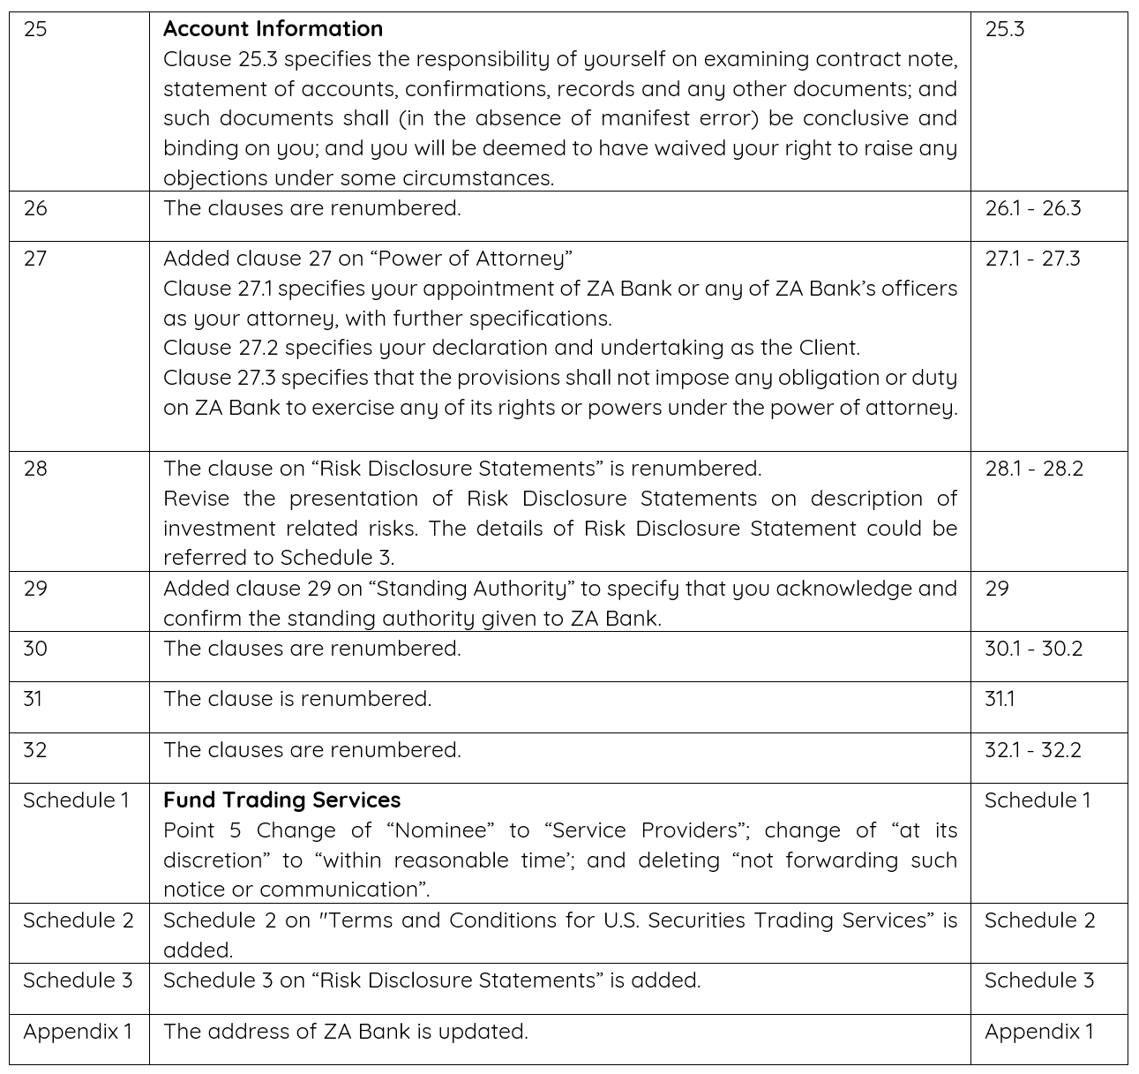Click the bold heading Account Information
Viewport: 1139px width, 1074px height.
pyautogui.click(x=273, y=29)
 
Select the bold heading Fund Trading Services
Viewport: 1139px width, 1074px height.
pyautogui.click(x=281, y=800)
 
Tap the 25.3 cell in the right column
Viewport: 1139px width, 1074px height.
pyautogui.click(x=1004, y=29)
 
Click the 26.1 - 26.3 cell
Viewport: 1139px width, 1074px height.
pyautogui.click(x=1032, y=208)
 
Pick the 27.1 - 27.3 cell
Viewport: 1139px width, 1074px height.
pyautogui.click(x=1032, y=259)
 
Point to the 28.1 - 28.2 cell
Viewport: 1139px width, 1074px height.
pyautogui.click(x=1033, y=469)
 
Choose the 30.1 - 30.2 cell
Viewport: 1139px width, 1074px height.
pyautogui.click(x=1033, y=649)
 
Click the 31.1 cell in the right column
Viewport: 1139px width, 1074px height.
pyautogui.click(x=1000, y=699)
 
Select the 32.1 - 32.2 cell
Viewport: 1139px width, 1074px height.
pyautogui.click(x=1032, y=750)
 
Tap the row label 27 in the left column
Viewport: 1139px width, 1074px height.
pyautogui.click(x=35, y=259)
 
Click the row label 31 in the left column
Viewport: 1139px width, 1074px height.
pyautogui.click(x=33, y=699)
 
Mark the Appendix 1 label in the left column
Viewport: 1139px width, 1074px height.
pyautogui.click(x=78, y=1032)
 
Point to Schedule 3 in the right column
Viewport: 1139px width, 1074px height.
pyautogui.click(x=1038, y=980)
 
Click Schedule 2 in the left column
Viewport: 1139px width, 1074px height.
pyautogui.click(x=78, y=920)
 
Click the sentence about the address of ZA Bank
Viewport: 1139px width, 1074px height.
pyautogui.click(x=346, y=1032)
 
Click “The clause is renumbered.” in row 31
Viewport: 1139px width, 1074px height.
pyautogui.click(x=297, y=699)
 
